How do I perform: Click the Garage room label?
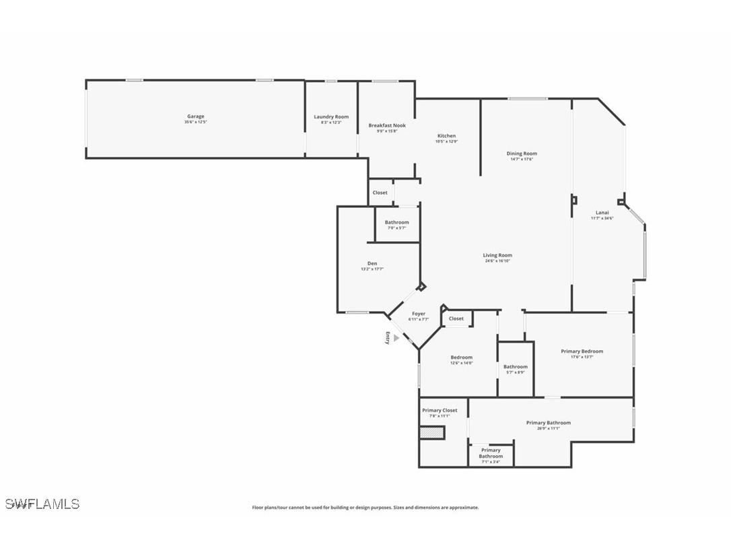pos(195,116)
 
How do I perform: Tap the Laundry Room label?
pos(331,117)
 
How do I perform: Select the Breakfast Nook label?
pos(387,125)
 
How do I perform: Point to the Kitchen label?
pos(446,136)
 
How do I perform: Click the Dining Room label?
pos(522,153)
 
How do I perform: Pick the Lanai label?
pos(602,213)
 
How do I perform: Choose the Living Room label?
pos(497,255)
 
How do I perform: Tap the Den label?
pos(372,263)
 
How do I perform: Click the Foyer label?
pos(418,314)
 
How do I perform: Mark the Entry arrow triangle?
pos(396,339)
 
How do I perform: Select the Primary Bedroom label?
pos(582,351)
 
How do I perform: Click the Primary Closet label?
pos(440,410)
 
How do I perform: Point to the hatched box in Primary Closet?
pos(432,432)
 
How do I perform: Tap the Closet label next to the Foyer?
pos(456,318)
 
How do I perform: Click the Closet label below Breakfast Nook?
pos(380,193)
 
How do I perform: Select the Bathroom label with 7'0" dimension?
pos(396,223)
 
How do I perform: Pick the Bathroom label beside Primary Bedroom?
pos(516,367)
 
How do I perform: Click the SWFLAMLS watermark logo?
pos(42,504)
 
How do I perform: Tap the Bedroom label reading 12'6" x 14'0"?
pos(462,357)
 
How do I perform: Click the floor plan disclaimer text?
pos(365,508)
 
